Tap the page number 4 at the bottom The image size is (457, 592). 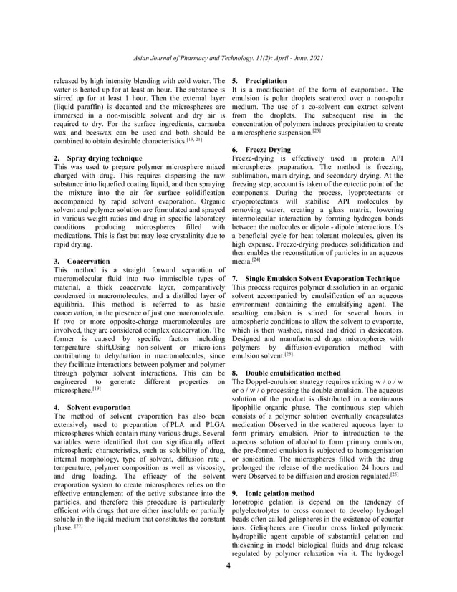228,566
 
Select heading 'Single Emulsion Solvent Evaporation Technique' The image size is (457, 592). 322,277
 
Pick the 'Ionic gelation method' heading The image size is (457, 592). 279,493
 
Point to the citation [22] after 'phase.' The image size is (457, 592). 79,526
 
